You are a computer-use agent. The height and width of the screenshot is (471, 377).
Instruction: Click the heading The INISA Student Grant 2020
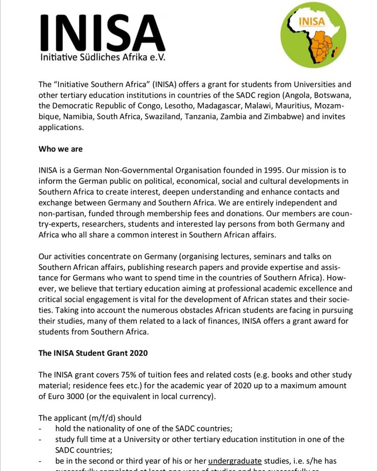[93, 353]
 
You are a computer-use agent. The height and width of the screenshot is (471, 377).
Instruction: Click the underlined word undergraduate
[235, 461]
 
